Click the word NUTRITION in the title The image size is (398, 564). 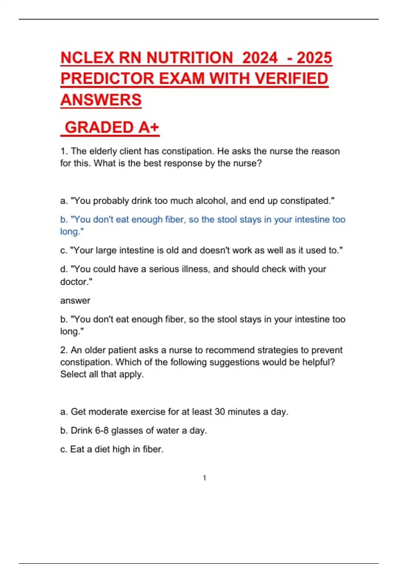190,58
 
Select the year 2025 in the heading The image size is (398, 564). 314,58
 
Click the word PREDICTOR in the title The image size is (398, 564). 107,79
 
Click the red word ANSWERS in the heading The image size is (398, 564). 101,100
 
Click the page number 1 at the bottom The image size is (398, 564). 205,478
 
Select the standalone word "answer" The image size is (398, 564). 75,301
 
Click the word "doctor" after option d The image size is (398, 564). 75,282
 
